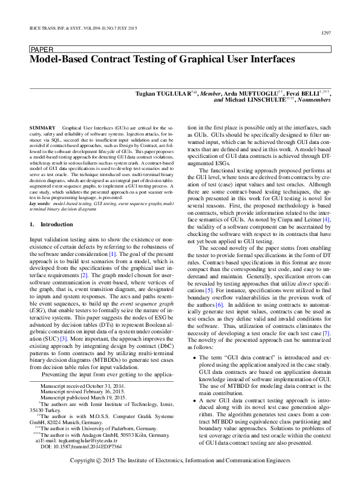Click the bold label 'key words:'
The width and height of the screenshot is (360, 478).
point(39,205)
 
